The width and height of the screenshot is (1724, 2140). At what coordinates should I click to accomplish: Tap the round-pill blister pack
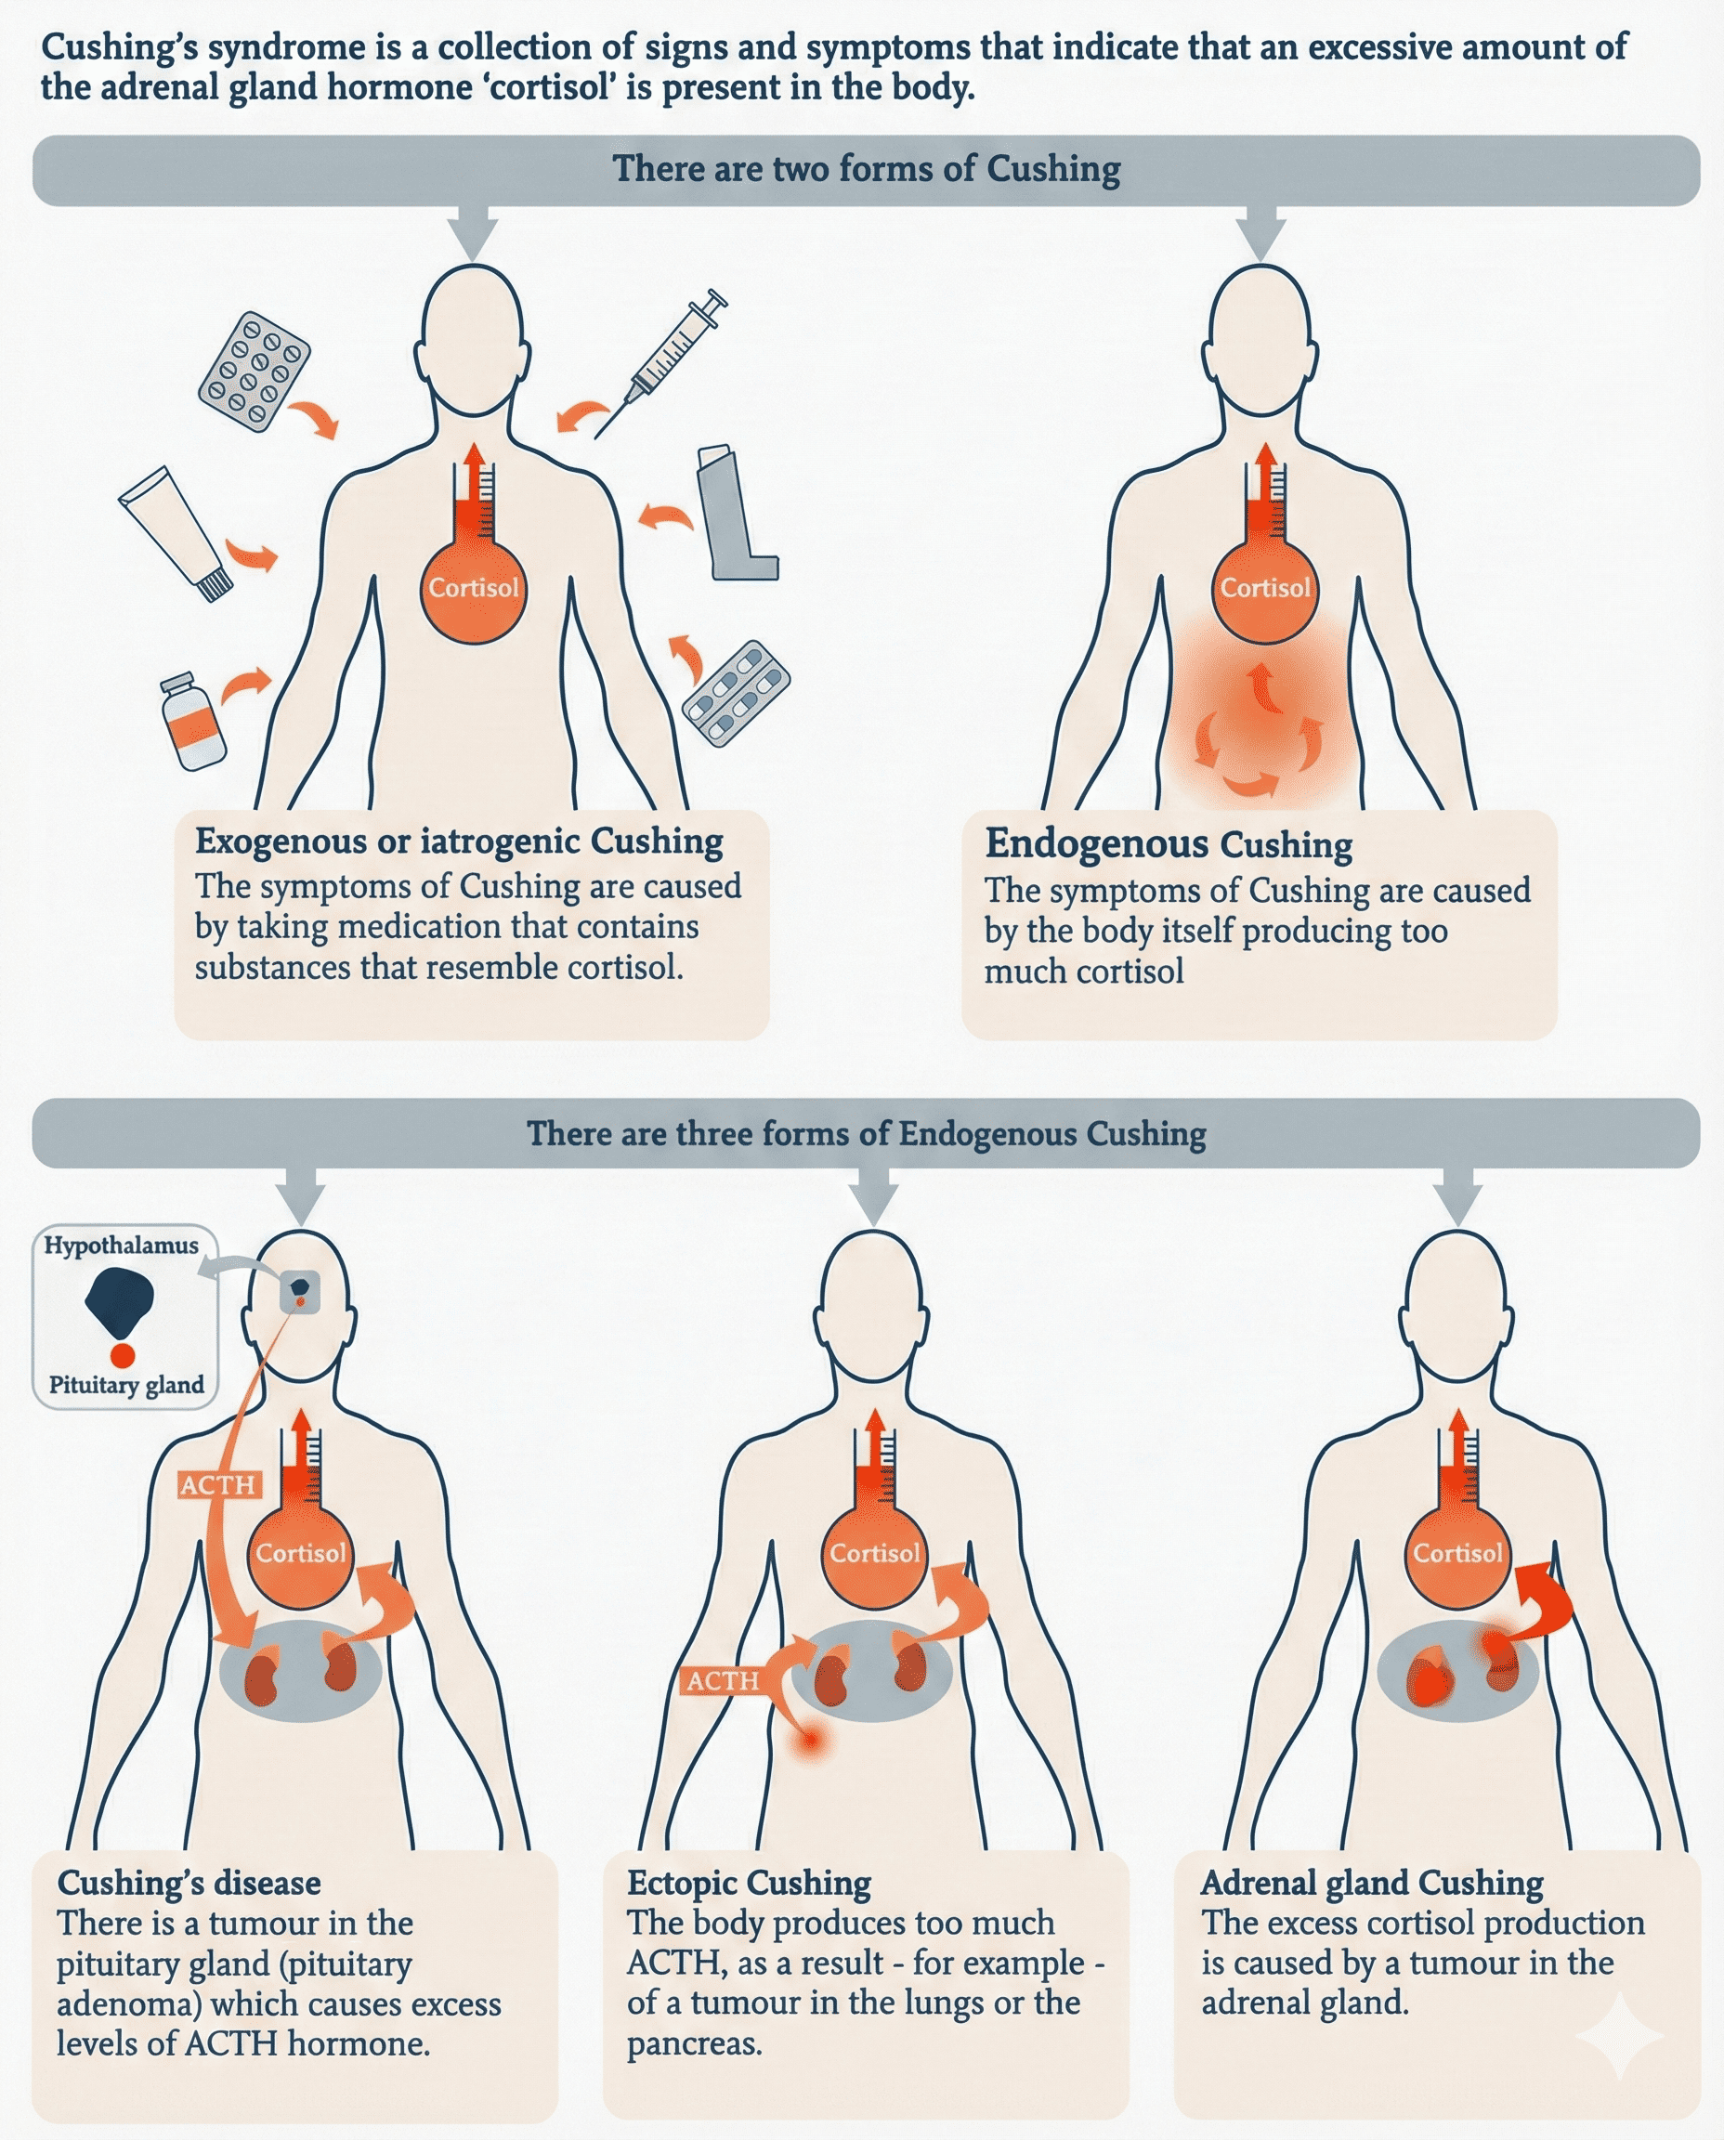255,372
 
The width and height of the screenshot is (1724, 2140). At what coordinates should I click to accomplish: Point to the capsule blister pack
736,692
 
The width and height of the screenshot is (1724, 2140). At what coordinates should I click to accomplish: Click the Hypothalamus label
121,1246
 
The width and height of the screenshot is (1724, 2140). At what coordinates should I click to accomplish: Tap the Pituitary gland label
126,1384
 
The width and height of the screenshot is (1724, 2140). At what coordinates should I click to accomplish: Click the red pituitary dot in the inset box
123,1354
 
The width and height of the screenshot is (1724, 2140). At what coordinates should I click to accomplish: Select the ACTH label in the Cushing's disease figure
218,1484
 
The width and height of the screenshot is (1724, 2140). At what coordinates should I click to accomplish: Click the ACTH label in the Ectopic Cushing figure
722,1680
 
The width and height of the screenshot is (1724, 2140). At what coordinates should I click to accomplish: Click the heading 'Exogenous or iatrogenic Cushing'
459,842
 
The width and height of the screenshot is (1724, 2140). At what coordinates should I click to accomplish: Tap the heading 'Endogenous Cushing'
1168,844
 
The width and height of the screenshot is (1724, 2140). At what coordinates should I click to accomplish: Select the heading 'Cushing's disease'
189,1882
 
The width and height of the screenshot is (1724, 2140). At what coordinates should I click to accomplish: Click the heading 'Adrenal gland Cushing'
1371,1882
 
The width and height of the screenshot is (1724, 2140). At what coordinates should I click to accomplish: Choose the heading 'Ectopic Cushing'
749,1882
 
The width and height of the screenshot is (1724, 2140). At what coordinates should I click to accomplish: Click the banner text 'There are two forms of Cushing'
866,169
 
